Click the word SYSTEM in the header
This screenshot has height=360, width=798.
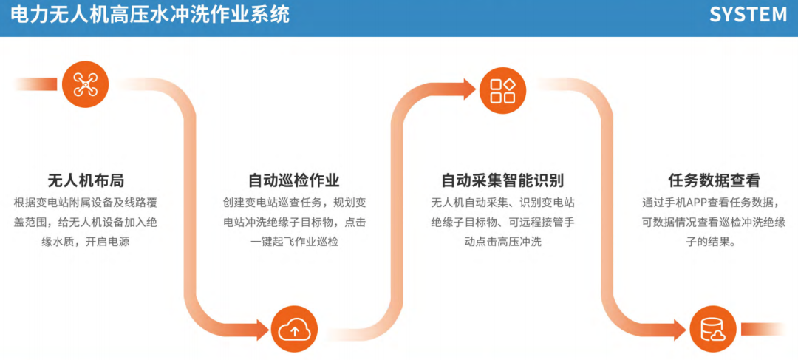click(748, 15)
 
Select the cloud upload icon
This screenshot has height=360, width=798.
click(294, 329)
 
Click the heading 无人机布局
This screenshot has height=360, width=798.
click(85, 180)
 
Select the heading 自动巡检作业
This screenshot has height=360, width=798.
click(294, 180)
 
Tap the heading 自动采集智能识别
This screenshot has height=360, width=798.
click(502, 180)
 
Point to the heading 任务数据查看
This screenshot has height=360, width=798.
click(713, 180)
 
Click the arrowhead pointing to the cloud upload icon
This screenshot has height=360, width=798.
click(259, 329)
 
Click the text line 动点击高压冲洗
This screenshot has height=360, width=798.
click(502, 242)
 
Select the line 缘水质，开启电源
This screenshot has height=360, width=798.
click(85, 242)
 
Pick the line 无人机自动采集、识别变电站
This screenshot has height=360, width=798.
click(502, 203)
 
